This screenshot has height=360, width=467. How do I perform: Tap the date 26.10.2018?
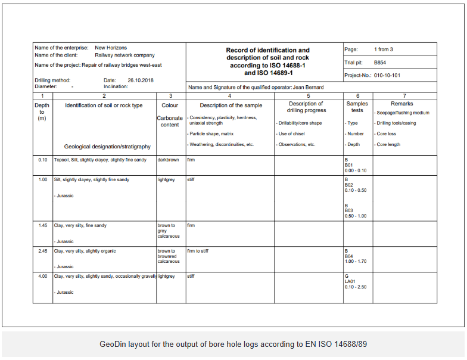point(141,80)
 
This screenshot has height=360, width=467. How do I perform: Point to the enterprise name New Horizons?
point(111,48)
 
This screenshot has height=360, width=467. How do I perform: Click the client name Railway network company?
point(124,55)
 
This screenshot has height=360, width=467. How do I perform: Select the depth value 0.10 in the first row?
point(42,160)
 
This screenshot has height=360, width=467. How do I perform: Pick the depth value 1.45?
point(42,225)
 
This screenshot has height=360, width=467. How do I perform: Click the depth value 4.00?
point(42,276)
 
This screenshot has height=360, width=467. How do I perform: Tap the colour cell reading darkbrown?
point(168,160)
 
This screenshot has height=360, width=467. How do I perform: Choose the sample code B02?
point(349,185)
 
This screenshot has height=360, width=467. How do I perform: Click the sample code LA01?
point(350,281)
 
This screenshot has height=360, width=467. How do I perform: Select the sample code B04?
point(349,256)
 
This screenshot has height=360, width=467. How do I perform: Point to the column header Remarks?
point(401,104)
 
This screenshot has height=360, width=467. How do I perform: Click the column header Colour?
point(170,105)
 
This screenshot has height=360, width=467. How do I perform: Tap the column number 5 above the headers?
point(308,95)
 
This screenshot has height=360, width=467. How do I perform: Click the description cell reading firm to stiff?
point(198,251)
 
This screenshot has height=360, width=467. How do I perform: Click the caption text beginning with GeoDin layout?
point(233,344)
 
